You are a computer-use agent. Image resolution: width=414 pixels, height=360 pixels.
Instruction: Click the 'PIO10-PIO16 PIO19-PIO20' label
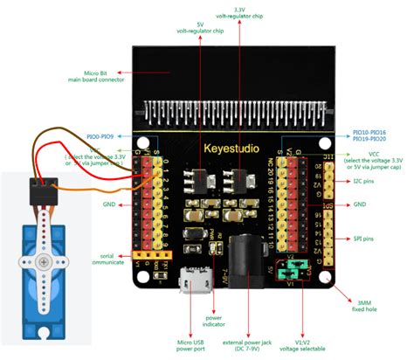(x=370, y=135)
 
